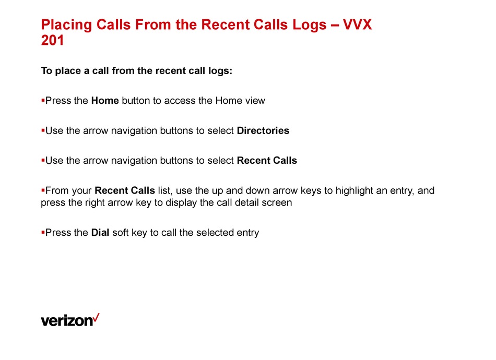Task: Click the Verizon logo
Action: click(x=70, y=320)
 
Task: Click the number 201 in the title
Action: click(x=53, y=41)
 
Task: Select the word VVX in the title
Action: click(x=358, y=25)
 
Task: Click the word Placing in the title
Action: click(x=66, y=25)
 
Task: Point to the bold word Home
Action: click(x=105, y=101)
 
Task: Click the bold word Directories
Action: click(x=263, y=130)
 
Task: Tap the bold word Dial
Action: click(x=100, y=233)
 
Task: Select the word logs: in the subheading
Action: click(x=220, y=71)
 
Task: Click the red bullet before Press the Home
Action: click(x=43, y=101)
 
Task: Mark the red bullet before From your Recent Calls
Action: click(x=43, y=190)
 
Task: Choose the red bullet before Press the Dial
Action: click(x=43, y=233)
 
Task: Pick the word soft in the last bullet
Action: click(x=121, y=233)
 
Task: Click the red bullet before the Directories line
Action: click(x=43, y=130)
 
